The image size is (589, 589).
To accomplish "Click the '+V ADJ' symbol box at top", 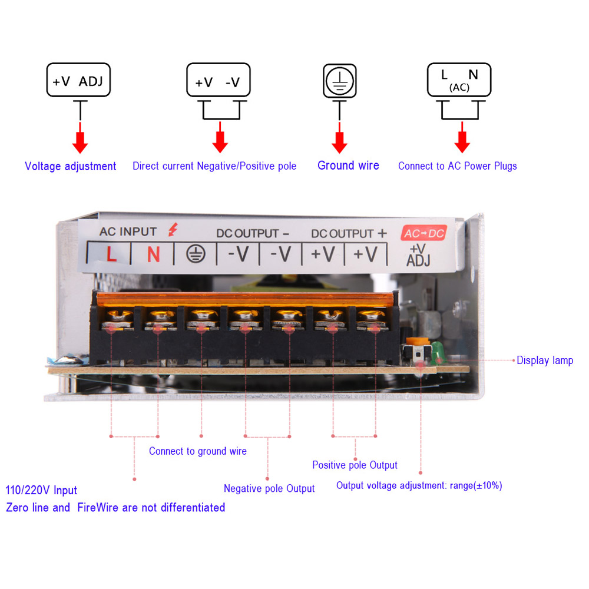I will coord(78,81).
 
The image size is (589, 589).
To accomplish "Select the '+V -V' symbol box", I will coord(217,81).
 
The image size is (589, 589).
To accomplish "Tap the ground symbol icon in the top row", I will coord(339,81).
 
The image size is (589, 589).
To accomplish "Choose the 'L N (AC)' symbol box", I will coord(459,79).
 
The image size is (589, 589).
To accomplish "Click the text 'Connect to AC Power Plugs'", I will coord(457,166).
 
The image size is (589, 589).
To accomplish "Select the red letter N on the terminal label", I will coord(153,254).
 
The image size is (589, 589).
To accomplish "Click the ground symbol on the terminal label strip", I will coord(195,254).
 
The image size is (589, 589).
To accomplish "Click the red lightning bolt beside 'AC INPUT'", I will coord(172,230).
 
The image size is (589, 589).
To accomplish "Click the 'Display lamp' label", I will coord(544,360).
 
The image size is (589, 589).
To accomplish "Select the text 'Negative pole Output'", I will coord(269,488).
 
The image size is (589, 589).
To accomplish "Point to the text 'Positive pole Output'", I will coord(355,465).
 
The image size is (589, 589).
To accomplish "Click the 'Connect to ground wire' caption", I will coord(198,451).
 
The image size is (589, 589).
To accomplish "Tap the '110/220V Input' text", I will coord(41,490).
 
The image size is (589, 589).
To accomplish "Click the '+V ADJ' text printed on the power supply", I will coord(418,255).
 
